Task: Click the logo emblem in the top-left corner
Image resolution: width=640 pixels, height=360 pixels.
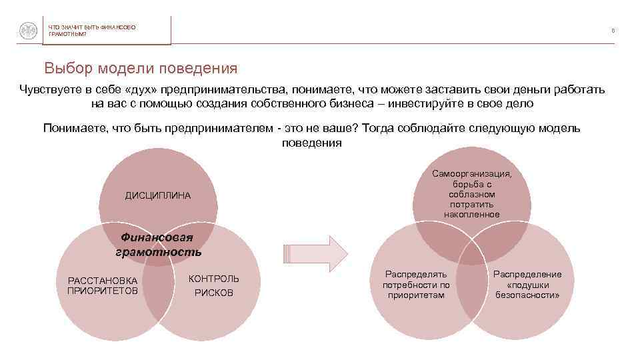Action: pyautogui.click(x=27, y=30)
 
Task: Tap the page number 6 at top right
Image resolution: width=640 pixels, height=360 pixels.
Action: pyautogui.click(x=612, y=30)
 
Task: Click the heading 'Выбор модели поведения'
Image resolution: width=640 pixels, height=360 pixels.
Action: pyautogui.click(x=141, y=69)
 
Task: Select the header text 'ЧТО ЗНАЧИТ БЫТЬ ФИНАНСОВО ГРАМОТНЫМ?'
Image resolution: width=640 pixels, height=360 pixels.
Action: pyautogui.click(x=91, y=30)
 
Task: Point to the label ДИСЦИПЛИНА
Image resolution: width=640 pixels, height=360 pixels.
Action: pyautogui.click(x=158, y=195)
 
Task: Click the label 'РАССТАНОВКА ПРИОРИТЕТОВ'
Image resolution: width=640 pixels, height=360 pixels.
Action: pyautogui.click(x=103, y=285)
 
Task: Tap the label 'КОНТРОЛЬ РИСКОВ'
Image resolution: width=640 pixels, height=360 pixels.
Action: pyautogui.click(x=214, y=285)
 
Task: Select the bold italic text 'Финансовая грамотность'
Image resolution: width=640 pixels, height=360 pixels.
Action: pyautogui.click(x=158, y=245)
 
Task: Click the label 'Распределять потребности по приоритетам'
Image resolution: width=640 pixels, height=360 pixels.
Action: pyautogui.click(x=416, y=284)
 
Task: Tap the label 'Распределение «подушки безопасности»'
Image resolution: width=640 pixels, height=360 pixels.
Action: pyautogui.click(x=527, y=284)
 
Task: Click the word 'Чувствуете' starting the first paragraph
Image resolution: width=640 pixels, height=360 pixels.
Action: pyautogui.click(x=50, y=89)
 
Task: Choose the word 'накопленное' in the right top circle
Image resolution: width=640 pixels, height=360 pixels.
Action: pyautogui.click(x=472, y=214)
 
